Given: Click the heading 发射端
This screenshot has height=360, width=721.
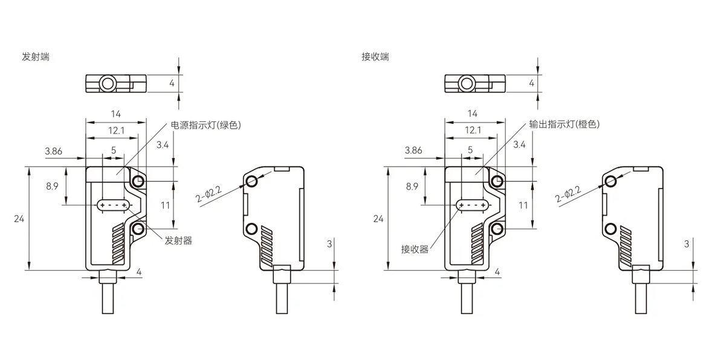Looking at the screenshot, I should (36, 57).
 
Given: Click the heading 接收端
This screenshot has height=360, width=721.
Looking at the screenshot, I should (375, 57).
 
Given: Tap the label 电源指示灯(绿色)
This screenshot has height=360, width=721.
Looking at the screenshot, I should (205, 126).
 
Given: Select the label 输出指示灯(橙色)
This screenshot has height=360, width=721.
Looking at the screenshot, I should (564, 124).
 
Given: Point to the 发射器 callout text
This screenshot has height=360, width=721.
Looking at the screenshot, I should (178, 240).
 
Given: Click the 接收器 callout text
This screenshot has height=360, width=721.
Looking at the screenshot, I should (415, 249).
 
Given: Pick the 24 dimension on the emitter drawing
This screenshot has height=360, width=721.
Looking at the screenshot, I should (19, 219).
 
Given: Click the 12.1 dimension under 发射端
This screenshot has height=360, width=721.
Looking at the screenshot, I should (116, 130).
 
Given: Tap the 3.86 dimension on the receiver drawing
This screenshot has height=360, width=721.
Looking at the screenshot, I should (413, 150).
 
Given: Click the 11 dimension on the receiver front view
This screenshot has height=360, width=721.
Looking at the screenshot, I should (523, 205).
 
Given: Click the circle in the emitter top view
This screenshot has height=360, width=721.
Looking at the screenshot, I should (108, 83).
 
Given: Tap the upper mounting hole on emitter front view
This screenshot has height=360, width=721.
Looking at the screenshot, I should (138, 181).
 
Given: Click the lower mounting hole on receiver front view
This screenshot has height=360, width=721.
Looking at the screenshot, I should (497, 228).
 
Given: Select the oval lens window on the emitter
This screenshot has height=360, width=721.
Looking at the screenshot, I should (114, 205).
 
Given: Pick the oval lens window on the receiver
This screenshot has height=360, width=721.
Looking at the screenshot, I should (473, 205).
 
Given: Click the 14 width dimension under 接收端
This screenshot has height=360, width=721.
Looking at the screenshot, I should (473, 114).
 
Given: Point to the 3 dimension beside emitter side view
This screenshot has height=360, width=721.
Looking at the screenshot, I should (329, 243).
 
